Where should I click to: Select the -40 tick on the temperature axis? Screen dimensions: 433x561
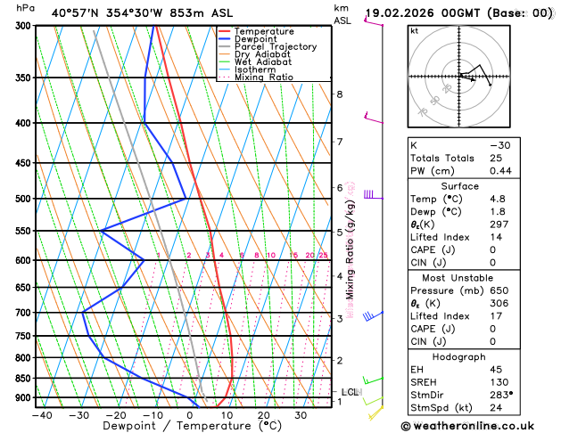42,415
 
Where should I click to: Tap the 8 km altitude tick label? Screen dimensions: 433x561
340,94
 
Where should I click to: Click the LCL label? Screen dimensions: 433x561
350,392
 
